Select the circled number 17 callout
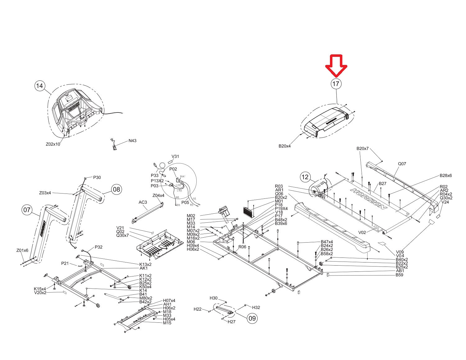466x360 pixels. [336, 84]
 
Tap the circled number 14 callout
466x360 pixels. [39, 86]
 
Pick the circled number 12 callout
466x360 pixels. [305, 177]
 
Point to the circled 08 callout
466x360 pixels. [116, 189]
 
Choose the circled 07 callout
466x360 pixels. [27, 210]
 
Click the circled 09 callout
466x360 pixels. [252, 318]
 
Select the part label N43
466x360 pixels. [132, 141]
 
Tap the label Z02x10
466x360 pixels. [53, 144]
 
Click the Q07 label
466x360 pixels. [402, 164]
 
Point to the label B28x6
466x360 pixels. [445, 175]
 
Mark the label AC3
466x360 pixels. [143, 202]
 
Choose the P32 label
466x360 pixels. [98, 247]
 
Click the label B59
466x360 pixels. [399, 275]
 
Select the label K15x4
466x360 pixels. [40, 289]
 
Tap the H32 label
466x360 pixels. [256, 308]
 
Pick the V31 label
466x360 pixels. [175, 157]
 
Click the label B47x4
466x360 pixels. [327, 242]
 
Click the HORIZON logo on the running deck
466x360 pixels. [369, 198]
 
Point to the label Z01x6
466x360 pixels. [22, 250]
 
